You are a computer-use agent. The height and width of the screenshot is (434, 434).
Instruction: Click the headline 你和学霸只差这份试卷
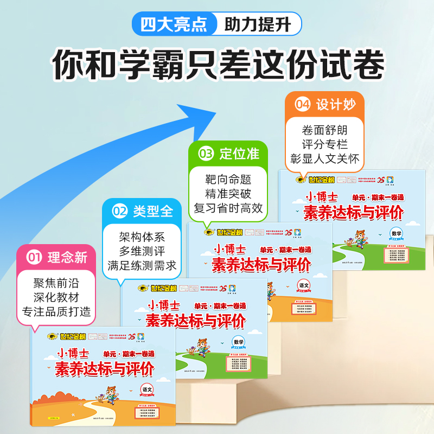coord(217,66)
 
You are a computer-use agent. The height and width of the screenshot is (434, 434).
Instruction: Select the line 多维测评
coord(142,252)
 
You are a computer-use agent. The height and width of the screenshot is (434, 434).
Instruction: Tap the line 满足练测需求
coord(142,266)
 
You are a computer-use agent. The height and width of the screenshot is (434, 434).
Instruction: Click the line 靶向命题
coord(229,179)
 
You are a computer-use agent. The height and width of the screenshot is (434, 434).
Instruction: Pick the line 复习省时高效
coord(229,208)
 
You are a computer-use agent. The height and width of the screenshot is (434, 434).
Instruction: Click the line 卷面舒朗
coord(325,130)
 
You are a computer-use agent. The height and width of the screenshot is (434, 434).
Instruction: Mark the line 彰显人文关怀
coord(325,158)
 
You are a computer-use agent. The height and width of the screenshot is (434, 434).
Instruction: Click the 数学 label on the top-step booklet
coord(397,233)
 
